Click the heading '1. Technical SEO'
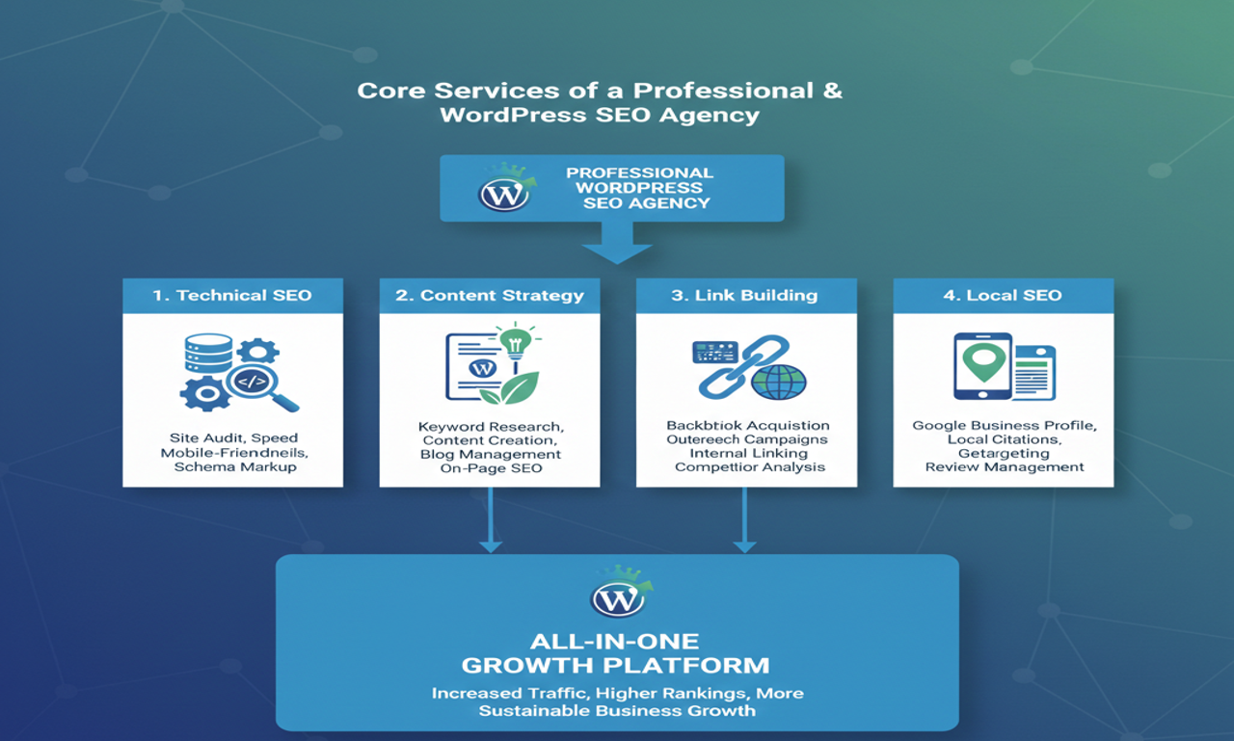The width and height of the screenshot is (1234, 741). coord(232,295)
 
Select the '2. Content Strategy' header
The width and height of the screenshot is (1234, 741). coord(489,295)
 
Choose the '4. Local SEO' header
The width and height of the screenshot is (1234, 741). coord(1003,295)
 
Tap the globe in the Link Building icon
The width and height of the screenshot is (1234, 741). coord(778,382)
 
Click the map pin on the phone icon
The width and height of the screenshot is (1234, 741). coord(983,358)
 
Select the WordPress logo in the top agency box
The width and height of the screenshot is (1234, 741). coord(504,194)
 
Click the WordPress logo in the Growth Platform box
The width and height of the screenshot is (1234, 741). coord(617,599)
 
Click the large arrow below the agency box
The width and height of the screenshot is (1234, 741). coord(617,243)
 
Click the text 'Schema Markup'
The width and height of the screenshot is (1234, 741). coord(234,466)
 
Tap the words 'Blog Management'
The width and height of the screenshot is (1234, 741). coord(490,454)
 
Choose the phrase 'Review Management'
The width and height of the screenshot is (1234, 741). coord(1004,466)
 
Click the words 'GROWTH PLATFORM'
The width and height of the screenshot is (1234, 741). coord(615,665)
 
